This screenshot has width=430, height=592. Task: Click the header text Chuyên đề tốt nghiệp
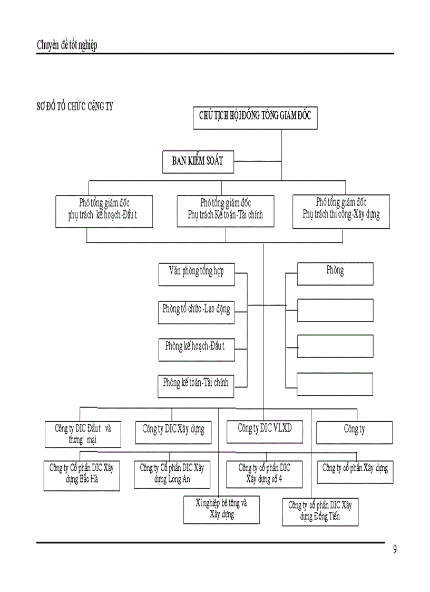pyautogui.click(x=67, y=45)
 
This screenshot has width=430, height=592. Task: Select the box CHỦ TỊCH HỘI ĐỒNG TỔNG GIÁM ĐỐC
pyautogui.click(x=255, y=117)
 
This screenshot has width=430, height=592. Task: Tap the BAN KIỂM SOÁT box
pyautogui.click(x=198, y=161)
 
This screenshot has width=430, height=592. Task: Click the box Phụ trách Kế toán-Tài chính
pyautogui.click(x=226, y=210)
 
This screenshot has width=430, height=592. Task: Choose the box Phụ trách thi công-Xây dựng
pyautogui.click(x=341, y=210)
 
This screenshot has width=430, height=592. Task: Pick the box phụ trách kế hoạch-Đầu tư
pyautogui.click(x=104, y=211)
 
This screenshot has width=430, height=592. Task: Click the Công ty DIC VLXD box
pyautogui.click(x=265, y=431)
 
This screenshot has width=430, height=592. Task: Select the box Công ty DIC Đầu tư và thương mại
pyautogui.click(x=83, y=433)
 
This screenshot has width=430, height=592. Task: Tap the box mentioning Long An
pyautogui.click(x=172, y=474)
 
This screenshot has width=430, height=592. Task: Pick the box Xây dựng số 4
pyautogui.click(x=265, y=473)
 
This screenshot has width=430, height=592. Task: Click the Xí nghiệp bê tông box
pyautogui.click(x=221, y=509)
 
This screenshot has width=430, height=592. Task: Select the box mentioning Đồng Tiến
pyautogui.click(x=320, y=511)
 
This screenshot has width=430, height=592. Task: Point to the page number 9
pyautogui.click(x=395, y=550)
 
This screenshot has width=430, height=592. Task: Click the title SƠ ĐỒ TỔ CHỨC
pyautogui.click(x=75, y=106)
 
